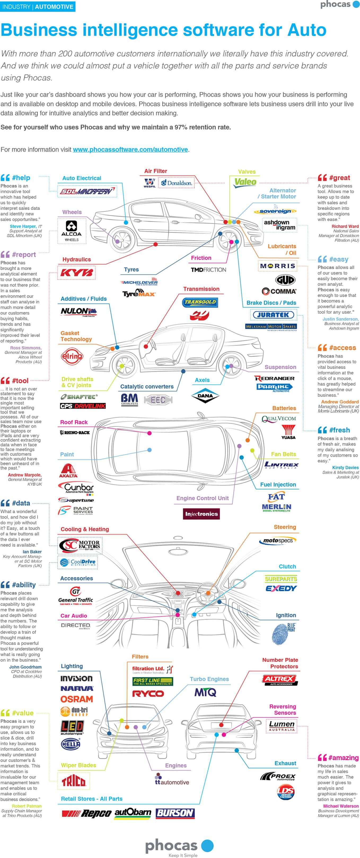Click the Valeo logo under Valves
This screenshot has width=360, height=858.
pos(245,182)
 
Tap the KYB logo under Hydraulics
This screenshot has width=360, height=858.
pos(77,273)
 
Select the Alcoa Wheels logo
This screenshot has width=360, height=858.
pos(72,230)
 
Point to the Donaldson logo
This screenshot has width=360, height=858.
pos(177,183)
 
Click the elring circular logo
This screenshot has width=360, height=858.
pos(72,356)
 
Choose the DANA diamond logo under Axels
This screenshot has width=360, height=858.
pos(205,396)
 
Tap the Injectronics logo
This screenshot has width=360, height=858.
pos(201,514)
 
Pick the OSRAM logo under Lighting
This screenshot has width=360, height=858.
pos(77,699)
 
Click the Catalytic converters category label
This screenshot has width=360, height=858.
pos(147,386)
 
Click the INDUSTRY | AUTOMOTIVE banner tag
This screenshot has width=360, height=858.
pos(38,7)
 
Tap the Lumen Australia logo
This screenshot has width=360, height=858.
pos(282,726)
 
